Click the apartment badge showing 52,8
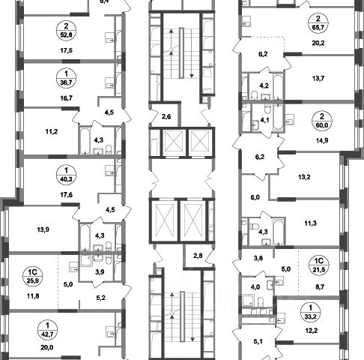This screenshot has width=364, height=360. (66, 30)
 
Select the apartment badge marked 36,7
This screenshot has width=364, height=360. (66, 78)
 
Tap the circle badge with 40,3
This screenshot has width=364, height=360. (66, 175)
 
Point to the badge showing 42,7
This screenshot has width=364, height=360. (47, 330)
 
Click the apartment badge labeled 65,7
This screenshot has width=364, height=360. (318, 23)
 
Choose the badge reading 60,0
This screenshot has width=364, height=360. (322, 121)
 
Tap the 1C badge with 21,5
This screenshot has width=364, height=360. (319, 265)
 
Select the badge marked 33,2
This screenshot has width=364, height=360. (311, 312)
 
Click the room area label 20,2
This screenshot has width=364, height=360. (318, 43)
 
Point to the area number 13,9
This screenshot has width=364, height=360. (43, 229)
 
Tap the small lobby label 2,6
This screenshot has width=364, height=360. (166, 116)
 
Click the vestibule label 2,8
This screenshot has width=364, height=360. (198, 256)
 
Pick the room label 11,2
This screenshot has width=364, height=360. (52, 131)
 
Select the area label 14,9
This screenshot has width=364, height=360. (322, 140)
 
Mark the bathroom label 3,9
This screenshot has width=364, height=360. (100, 271)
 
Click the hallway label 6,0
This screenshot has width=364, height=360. (255, 197)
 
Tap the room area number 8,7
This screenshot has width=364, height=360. (320, 286)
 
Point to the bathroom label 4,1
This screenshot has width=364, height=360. (264, 120)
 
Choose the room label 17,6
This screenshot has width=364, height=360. (67, 194)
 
